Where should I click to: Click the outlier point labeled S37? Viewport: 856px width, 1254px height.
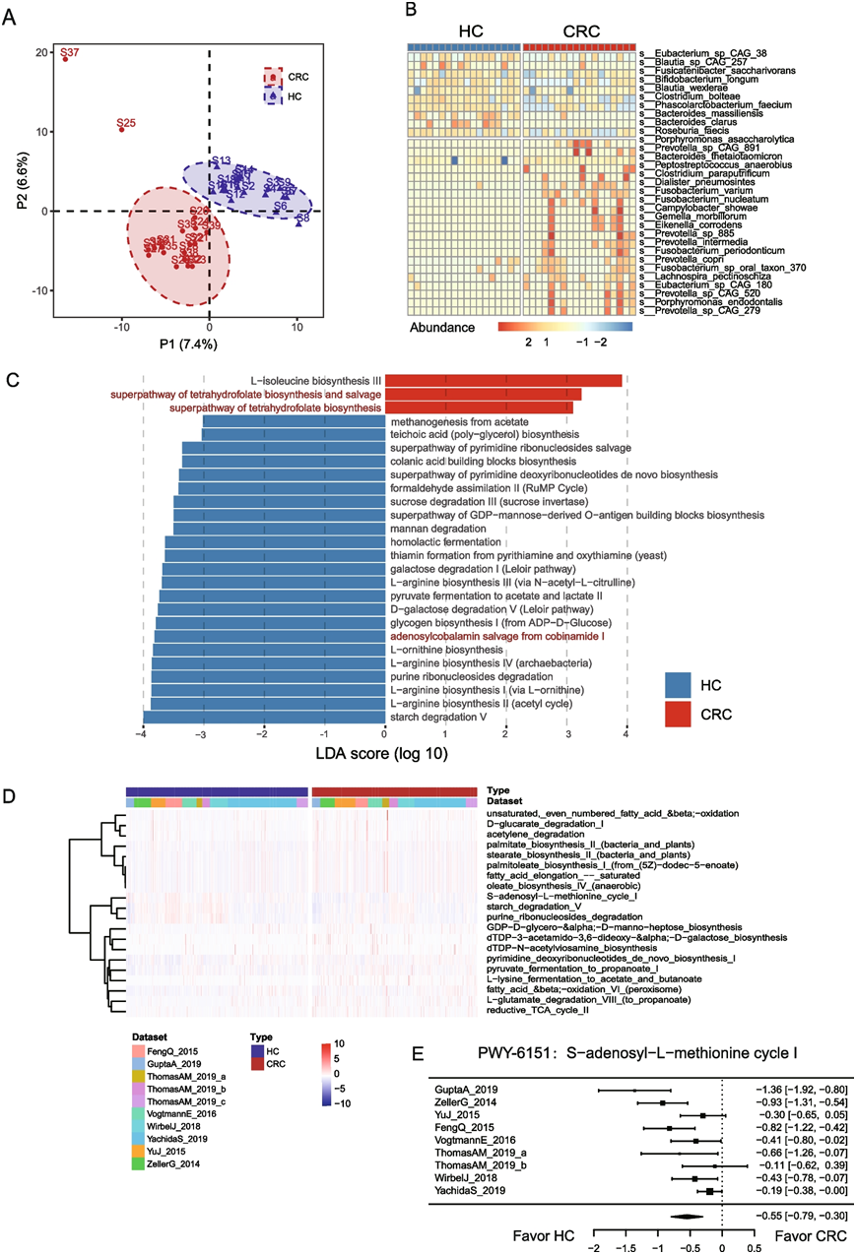click(x=66, y=59)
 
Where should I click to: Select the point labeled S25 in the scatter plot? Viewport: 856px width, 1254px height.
click(x=122, y=130)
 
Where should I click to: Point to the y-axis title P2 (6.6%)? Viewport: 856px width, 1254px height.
click(x=16, y=181)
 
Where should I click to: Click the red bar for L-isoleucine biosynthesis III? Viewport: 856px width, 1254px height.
click(x=503, y=380)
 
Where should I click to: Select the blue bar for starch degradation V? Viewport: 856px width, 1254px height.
click(x=264, y=718)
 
